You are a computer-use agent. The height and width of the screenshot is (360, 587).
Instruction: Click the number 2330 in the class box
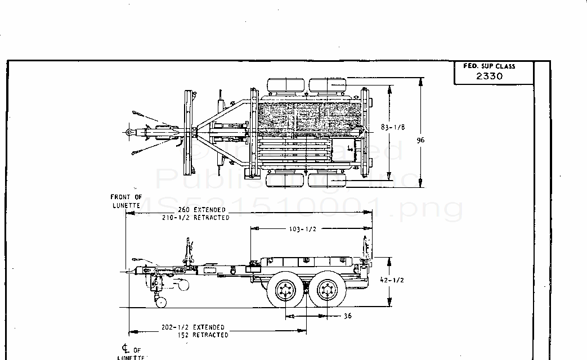click(x=489, y=76)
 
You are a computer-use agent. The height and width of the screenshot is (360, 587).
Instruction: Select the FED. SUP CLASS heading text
click(x=489, y=66)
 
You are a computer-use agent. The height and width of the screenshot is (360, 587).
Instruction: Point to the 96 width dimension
click(x=420, y=141)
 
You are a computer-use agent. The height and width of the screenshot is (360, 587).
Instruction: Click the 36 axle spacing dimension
click(x=347, y=316)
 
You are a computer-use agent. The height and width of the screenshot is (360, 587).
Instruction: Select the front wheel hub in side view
click(x=284, y=291)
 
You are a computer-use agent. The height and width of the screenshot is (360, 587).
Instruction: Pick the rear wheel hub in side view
click(x=327, y=291)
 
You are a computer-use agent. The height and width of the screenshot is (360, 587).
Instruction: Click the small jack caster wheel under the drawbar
click(x=162, y=303)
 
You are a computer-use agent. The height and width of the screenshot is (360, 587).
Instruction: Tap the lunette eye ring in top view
click(x=129, y=133)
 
